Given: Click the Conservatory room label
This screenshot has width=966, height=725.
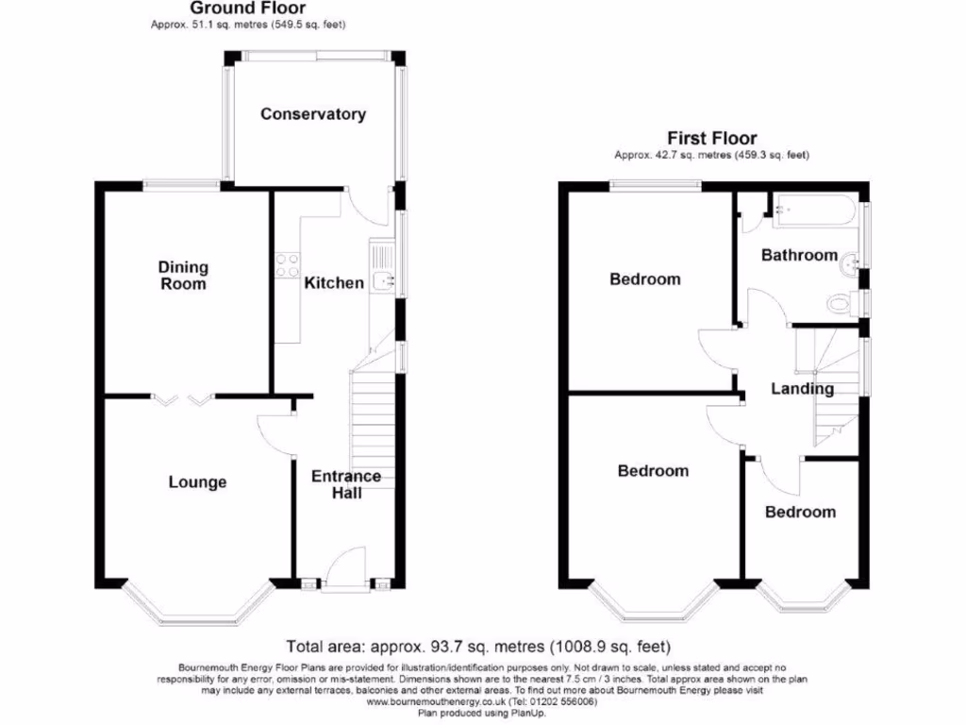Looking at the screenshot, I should (313, 114).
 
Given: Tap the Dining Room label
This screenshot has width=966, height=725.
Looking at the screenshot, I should (183, 276).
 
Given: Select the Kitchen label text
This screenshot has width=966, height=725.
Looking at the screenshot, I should (334, 282).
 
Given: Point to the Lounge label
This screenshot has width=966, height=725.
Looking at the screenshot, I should (197, 482).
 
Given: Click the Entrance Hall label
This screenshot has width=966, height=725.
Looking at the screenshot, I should (346, 484).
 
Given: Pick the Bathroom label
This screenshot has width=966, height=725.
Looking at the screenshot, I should (799, 255).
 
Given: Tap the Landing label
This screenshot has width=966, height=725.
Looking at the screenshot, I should (803, 388).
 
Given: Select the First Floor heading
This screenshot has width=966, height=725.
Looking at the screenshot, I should (711, 139).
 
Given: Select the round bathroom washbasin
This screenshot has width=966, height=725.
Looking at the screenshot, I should (850, 266).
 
